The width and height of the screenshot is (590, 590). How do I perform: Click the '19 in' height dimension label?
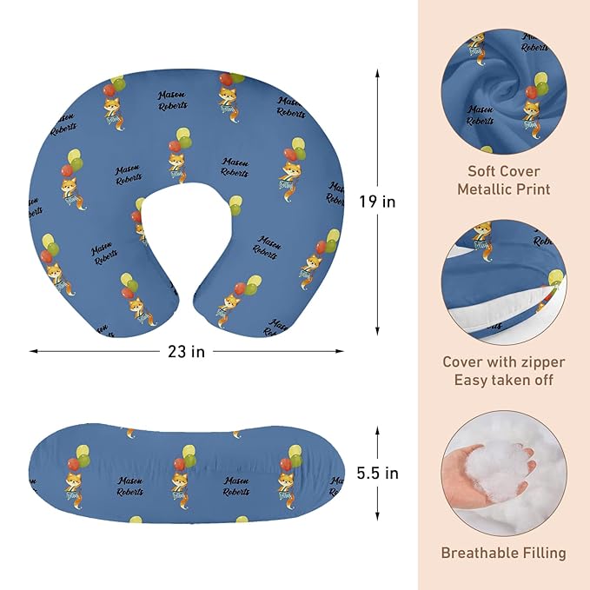[x=377, y=202]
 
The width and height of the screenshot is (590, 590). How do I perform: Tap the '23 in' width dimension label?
[x=187, y=352]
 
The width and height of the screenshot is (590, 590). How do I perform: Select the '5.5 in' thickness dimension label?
[x=377, y=473]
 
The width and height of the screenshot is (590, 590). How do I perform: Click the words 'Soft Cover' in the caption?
[x=503, y=171]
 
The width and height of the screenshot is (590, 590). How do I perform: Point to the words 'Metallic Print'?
[x=503, y=189]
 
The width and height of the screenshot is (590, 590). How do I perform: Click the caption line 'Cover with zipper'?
[x=503, y=362]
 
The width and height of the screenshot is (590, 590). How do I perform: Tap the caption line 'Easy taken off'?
[x=503, y=380]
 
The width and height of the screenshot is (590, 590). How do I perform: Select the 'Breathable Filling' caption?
[x=503, y=553]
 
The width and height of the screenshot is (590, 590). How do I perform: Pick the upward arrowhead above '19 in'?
[x=377, y=73]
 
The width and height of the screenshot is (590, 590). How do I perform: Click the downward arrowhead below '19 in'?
[x=377, y=331]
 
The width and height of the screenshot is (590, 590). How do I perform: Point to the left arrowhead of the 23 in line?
[x=34, y=351]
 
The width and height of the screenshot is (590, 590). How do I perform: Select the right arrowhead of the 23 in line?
[x=340, y=351]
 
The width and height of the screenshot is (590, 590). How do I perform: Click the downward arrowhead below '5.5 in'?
[x=377, y=516]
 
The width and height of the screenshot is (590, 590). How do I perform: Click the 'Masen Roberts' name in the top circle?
[x=480, y=116]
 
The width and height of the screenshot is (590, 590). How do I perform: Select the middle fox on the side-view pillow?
[x=180, y=487]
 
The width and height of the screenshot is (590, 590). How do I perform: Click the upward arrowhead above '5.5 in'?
[x=377, y=430]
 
